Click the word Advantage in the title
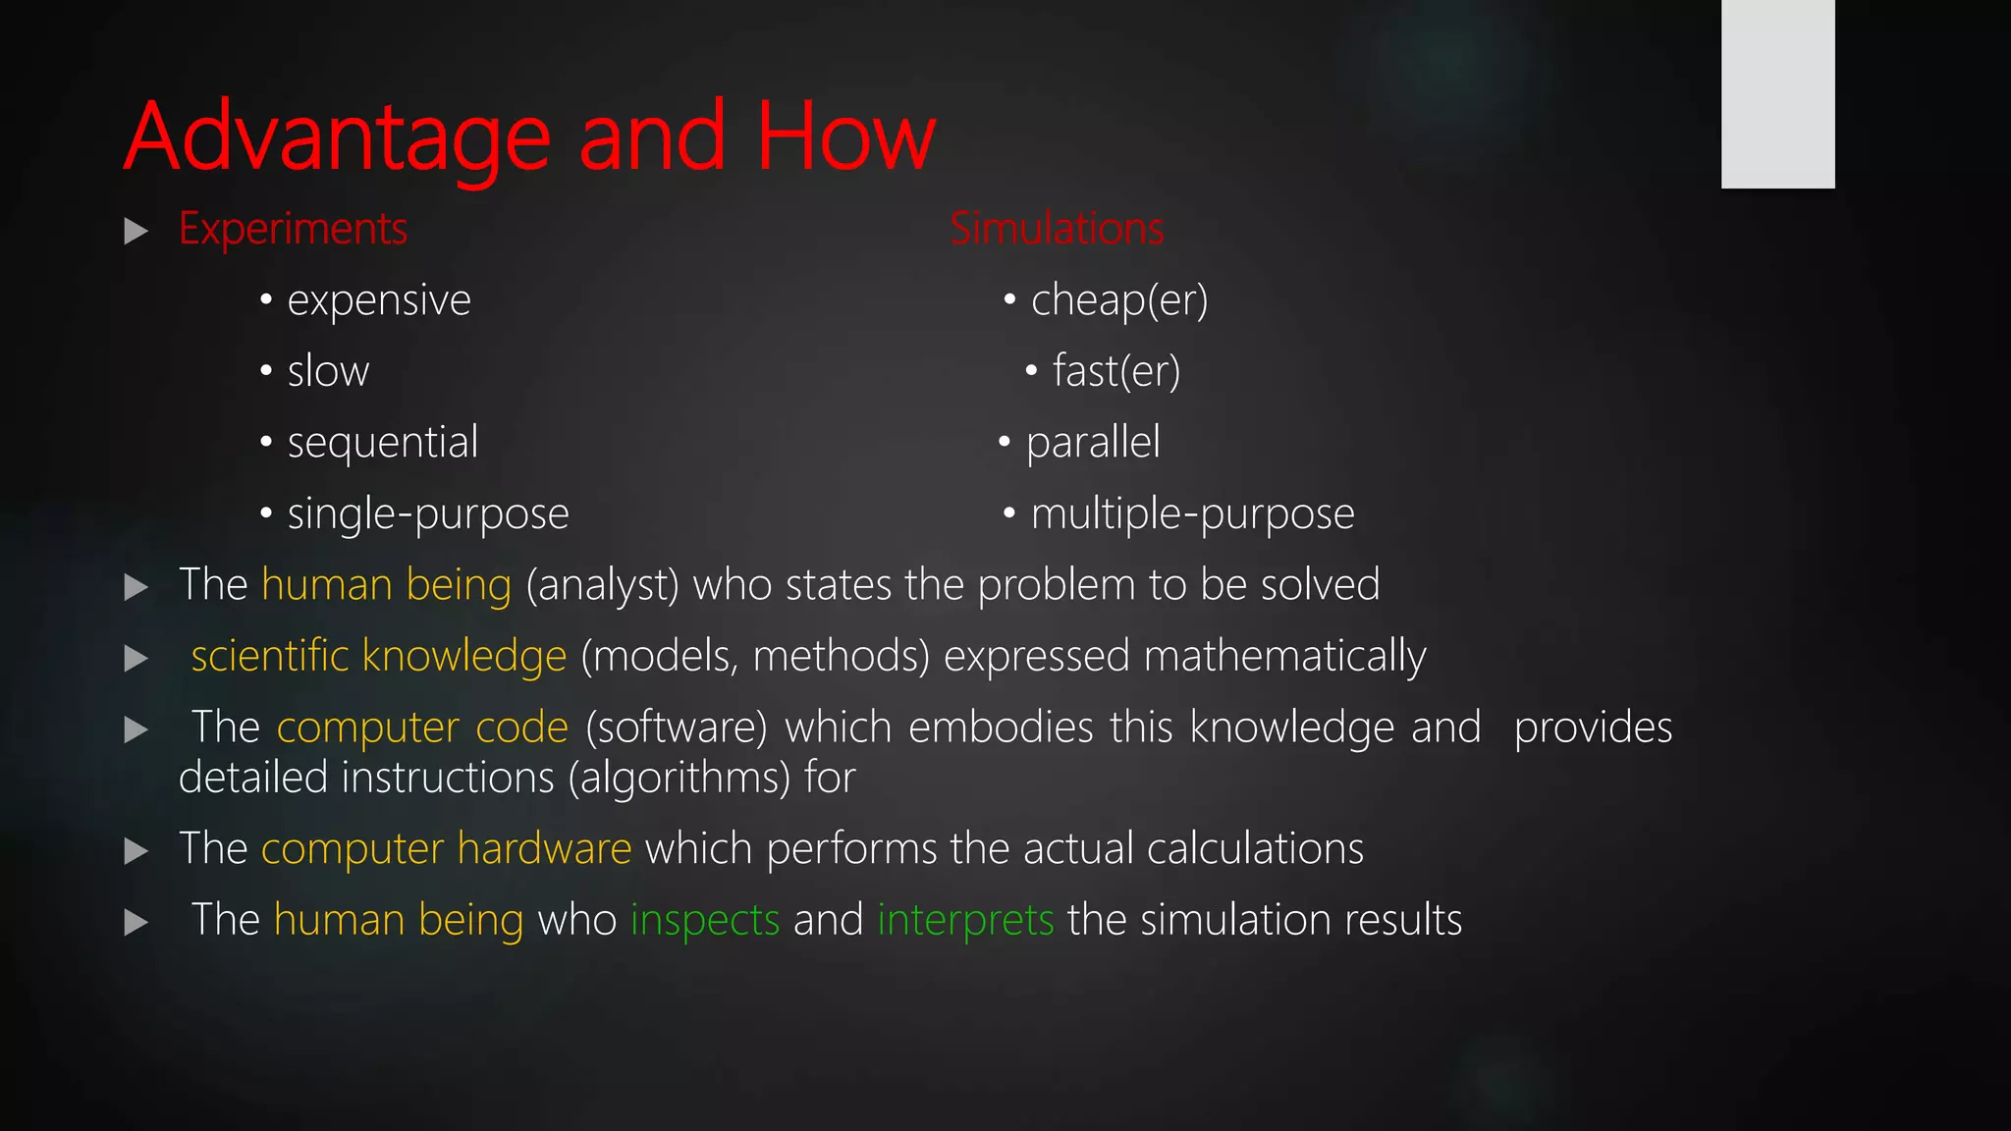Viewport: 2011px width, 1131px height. click(x=337, y=137)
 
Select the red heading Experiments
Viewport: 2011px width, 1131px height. click(x=293, y=230)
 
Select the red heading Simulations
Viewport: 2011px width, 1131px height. click(x=1057, y=229)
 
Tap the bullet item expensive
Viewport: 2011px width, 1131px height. click(x=379, y=300)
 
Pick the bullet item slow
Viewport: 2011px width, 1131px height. click(x=328, y=372)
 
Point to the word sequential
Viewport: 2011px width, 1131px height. click(x=383, y=443)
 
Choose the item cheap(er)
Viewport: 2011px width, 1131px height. click(x=1119, y=300)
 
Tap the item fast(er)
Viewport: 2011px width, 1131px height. click(x=1116, y=372)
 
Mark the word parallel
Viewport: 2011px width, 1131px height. click(x=1093, y=443)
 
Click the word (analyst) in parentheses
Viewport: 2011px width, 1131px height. click(x=603, y=586)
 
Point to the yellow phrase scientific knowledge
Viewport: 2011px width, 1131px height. click(x=379, y=656)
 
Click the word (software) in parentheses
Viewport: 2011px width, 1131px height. click(x=677, y=728)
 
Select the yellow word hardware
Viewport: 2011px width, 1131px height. click(x=544, y=849)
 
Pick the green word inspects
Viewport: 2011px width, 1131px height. click(x=705, y=921)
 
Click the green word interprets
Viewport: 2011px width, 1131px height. click(x=965, y=921)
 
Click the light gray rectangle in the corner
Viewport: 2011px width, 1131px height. click(x=1777, y=93)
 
